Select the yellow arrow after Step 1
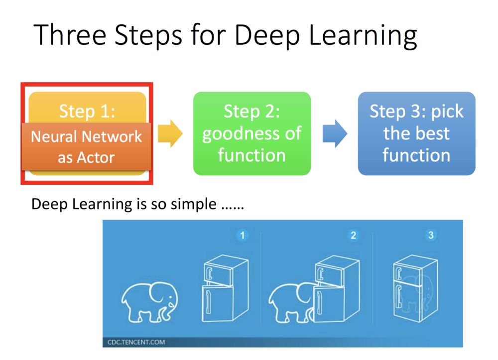[170, 134]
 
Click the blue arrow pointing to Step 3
[335, 133]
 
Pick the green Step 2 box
[251, 133]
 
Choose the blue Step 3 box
[416, 133]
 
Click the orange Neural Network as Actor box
[87, 147]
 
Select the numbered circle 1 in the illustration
[243, 235]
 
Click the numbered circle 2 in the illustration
[353, 235]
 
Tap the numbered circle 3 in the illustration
[431, 235]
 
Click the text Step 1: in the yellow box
[87, 111]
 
